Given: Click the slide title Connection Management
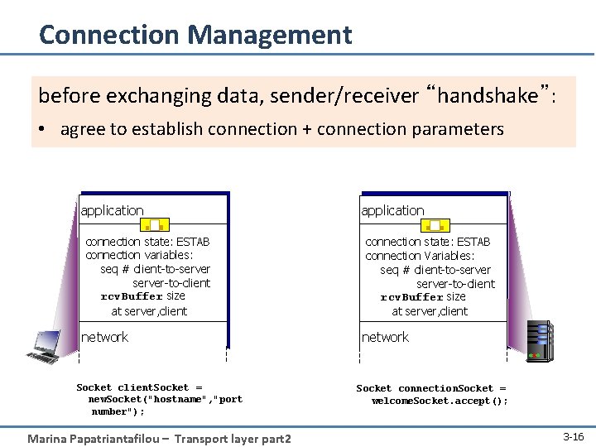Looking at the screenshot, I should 195,35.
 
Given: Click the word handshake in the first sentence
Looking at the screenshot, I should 488,96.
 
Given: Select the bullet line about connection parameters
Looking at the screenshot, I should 281,129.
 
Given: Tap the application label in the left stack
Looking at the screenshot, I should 113,210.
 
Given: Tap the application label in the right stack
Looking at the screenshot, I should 392,210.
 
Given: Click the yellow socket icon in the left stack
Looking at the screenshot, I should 155,223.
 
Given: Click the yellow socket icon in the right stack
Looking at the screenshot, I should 435,223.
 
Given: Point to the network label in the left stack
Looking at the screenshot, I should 105,337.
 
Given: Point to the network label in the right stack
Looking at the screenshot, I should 385,337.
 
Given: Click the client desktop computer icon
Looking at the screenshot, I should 48,346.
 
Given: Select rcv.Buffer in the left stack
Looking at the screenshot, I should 131,296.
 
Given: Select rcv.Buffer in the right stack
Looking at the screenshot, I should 411,297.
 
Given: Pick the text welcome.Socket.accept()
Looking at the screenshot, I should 440,401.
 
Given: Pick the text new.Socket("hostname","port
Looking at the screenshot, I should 166,399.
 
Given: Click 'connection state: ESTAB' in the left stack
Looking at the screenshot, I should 147,242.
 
